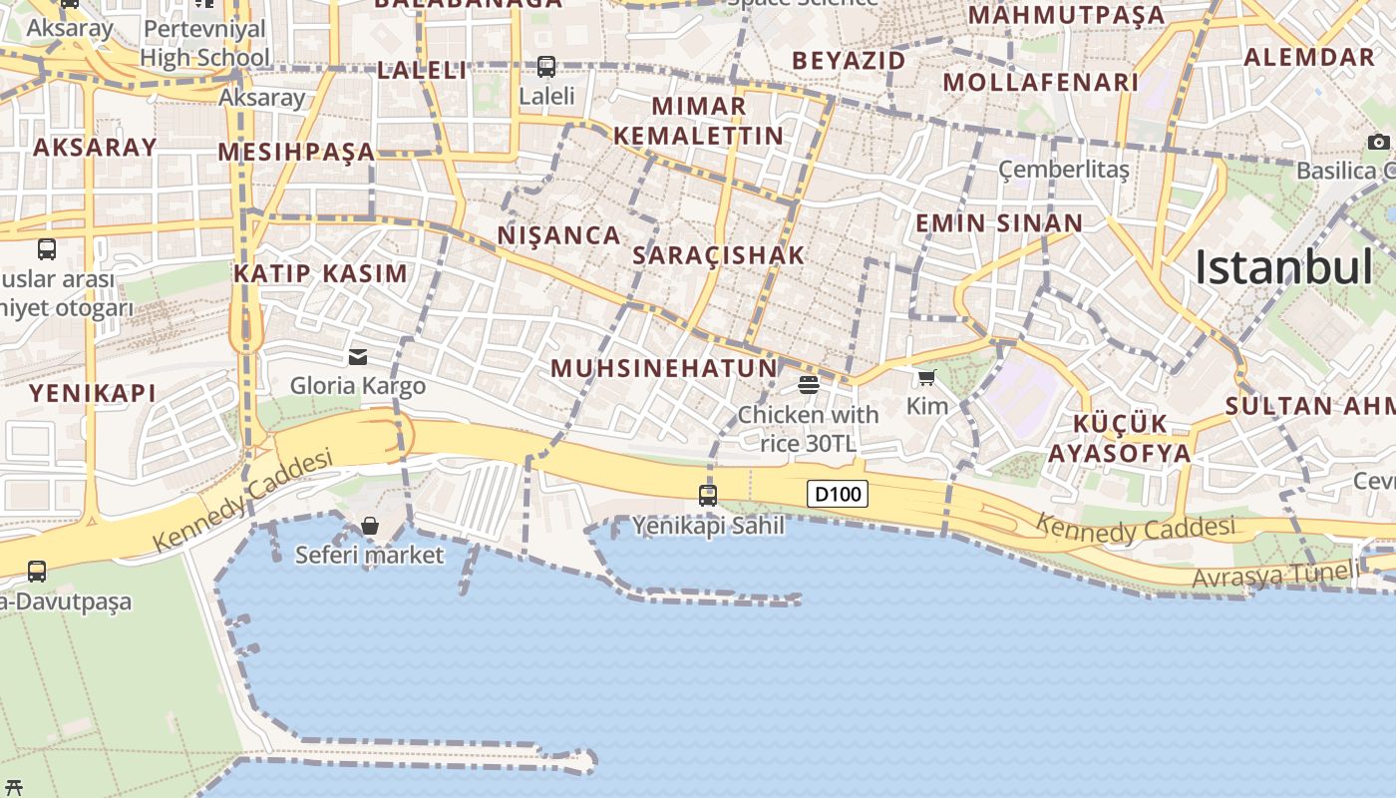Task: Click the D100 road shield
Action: [x=838, y=494]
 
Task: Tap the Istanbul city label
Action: [x=1283, y=267]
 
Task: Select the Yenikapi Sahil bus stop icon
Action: [x=708, y=495]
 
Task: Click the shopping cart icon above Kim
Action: [x=927, y=377]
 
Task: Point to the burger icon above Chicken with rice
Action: [x=809, y=385]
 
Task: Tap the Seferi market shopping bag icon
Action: [x=370, y=526]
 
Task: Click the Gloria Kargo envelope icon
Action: [x=358, y=357]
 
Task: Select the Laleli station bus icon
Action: [x=546, y=67]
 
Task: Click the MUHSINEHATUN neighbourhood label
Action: [x=663, y=368]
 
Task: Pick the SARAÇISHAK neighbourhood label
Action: [x=718, y=255]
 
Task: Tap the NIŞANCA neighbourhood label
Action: [x=558, y=235]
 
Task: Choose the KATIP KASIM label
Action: [x=320, y=273]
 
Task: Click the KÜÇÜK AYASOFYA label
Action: [x=1119, y=439]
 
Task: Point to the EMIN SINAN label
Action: [x=999, y=222]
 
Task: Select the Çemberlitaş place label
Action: [x=1064, y=169]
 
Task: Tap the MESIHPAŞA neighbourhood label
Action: [x=296, y=152]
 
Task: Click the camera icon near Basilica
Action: [x=1379, y=142]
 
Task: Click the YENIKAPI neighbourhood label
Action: [x=92, y=393]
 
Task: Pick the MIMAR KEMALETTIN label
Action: [x=698, y=120]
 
